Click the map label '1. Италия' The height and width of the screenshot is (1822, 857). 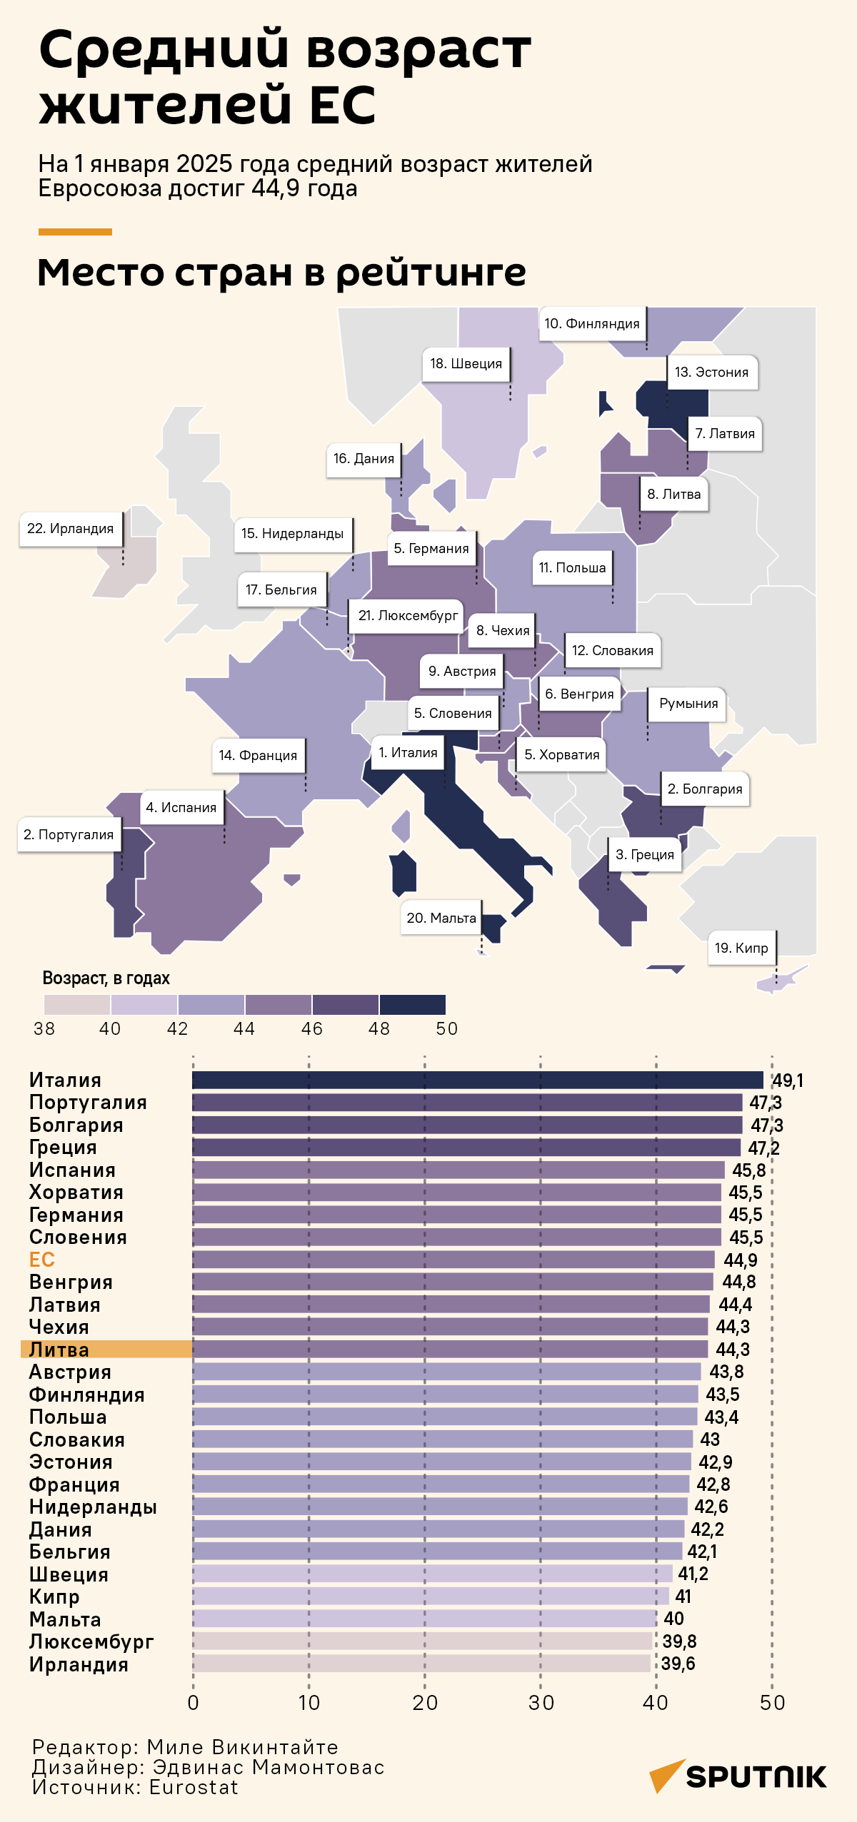click(x=408, y=753)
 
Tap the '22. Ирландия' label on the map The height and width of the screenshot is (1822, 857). click(x=70, y=529)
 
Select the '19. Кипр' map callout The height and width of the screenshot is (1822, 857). click(x=741, y=948)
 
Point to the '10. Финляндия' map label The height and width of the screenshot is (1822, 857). click(x=592, y=324)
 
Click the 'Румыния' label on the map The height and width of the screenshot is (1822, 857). click(x=688, y=704)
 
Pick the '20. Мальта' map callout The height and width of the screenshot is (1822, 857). click(x=441, y=918)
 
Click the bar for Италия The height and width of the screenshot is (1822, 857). click(x=477, y=1080)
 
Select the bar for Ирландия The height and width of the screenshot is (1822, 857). click(x=421, y=1664)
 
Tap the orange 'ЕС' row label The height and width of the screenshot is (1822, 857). click(x=41, y=1260)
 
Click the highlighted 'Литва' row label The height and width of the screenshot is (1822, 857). click(x=59, y=1350)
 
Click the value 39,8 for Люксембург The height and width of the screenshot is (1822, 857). click(x=679, y=1641)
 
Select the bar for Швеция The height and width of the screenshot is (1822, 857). click(x=432, y=1574)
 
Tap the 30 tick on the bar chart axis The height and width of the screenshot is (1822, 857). click(x=541, y=1703)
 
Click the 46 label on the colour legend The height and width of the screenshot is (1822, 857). click(x=312, y=1028)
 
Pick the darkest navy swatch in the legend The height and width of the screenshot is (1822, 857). click(x=413, y=1005)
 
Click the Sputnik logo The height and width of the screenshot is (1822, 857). click(x=738, y=1776)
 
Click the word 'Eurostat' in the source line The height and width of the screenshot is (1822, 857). click(x=194, y=1787)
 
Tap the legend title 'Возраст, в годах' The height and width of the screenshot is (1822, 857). click(x=106, y=978)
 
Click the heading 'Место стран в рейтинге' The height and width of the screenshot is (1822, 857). click(x=281, y=272)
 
